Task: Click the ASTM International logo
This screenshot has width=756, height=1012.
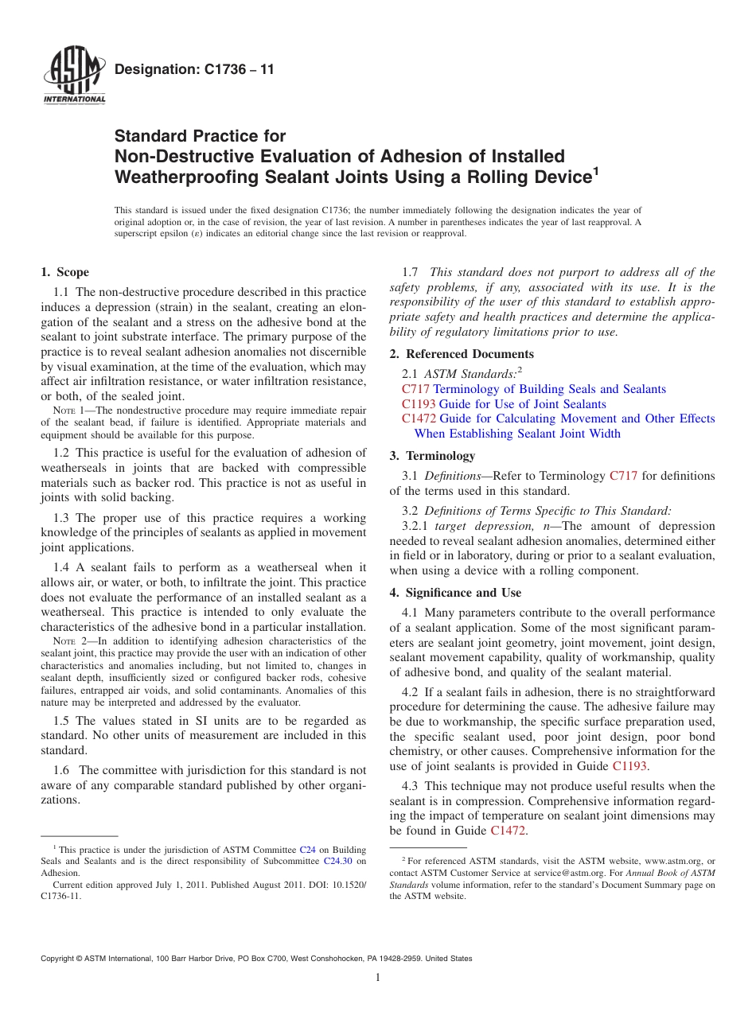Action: click(74, 77)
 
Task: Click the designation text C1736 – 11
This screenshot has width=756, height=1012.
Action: click(195, 69)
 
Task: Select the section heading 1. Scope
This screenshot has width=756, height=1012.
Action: click(65, 272)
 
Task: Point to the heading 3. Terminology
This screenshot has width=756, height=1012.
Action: click(432, 456)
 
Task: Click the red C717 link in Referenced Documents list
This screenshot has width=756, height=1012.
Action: click(415, 389)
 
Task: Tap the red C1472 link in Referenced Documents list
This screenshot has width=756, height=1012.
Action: click(419, 418)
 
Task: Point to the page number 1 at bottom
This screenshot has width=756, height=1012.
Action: click(378, 978)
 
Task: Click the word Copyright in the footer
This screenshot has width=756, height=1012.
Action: click(61, 959)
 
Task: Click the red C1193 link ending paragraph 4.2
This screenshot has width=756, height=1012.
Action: click(629, 766)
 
